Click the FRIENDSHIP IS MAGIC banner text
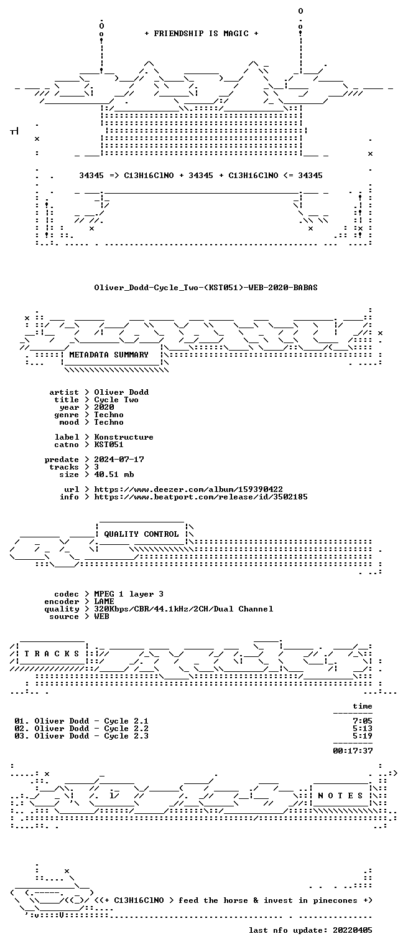click(201, 34)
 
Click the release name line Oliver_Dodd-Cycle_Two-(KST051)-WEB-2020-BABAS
click(206, 288)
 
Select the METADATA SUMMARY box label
click(109, 354)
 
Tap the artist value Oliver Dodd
click(121, 392)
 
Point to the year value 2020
click(104, 407)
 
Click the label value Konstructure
click(124, 437)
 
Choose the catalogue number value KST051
click(109, 445)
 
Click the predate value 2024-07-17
click(119, 460)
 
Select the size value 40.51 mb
click(114, 474)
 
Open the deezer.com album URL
click(188, 489)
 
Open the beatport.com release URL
click(201, 496)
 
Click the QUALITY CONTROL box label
click(141, 534)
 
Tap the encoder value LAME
click(104, 601)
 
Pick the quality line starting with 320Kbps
click(183, 609)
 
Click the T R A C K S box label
click(52, 654)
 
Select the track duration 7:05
click(363, 721)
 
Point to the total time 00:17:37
click(353, 751)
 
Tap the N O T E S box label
click(340, 796)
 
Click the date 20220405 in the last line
click(353, 930)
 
